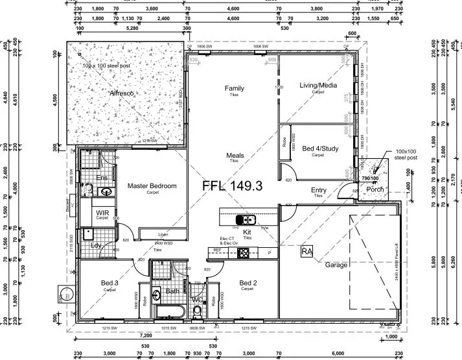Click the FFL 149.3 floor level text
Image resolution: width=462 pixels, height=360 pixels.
click(x=232, y=186)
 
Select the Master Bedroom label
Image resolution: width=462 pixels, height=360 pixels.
click(x=152, y=186)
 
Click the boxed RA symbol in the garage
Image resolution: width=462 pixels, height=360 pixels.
click(x=307, y=251)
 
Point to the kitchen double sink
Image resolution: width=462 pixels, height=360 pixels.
click(x=246, y=219)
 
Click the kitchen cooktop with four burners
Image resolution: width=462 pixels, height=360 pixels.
click(x=244, y=252)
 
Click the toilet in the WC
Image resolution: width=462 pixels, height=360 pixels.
click(x=198, y=312)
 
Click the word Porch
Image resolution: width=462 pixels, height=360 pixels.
click(x=375, y=189)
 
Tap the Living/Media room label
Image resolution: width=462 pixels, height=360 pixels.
click(x=318, y=85)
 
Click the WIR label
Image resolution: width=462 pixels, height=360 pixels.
click(x=102, y=212)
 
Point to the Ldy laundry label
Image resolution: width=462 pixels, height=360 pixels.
click(x=96, y=246)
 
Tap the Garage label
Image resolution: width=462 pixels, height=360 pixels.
click(x=336, y=265)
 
